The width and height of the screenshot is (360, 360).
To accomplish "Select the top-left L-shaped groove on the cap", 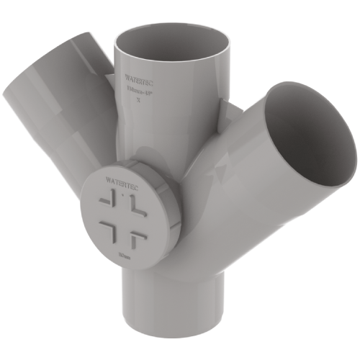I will pos(107,199).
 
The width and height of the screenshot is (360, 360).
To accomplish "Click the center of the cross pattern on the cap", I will pos(121,214).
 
